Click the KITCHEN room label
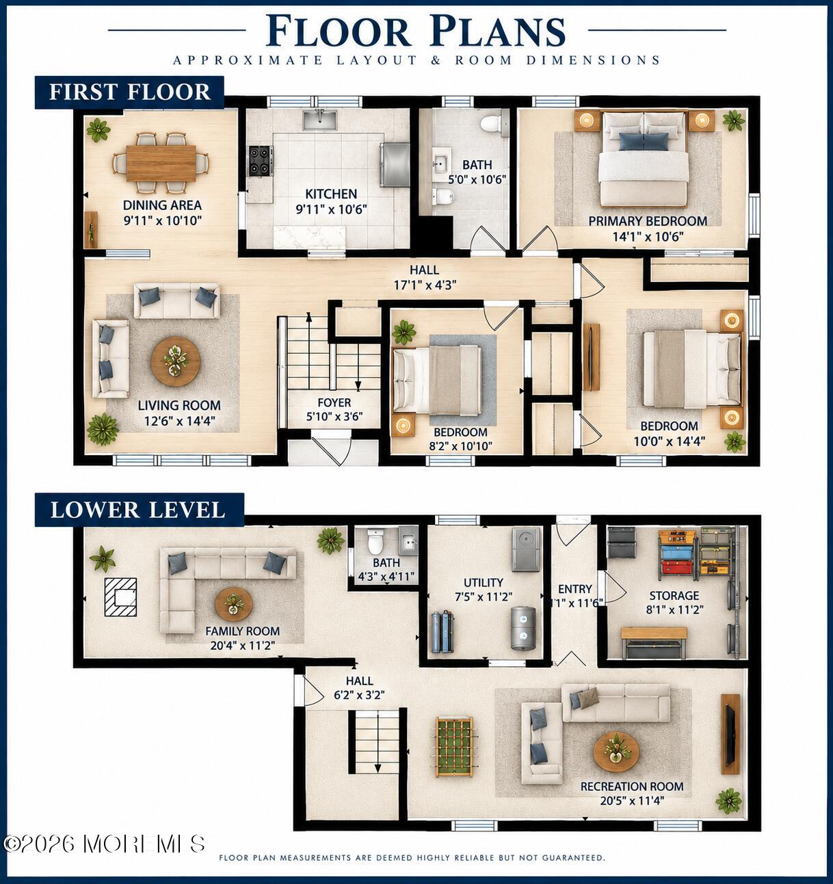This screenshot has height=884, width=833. pos(331,194)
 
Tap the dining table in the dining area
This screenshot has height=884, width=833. pos(161,163)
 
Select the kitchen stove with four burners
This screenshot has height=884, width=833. pos(261,160)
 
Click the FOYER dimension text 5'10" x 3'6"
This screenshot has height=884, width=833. pos(334,417)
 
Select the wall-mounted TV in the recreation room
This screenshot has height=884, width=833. pos(730,734)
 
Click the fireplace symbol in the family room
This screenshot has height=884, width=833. pos(120,597)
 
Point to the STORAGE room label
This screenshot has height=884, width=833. pos(674,595)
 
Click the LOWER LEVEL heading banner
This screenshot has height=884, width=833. pos(140,510)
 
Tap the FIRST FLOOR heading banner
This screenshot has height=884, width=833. pos(129,92)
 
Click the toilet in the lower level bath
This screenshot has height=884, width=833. pos(375,539)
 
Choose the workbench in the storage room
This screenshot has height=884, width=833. pos(653,642)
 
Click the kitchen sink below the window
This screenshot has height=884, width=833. pos(320,120)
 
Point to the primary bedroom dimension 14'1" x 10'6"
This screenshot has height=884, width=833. pos(648,236)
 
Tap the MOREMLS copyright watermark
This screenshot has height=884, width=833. pos(105,844)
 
